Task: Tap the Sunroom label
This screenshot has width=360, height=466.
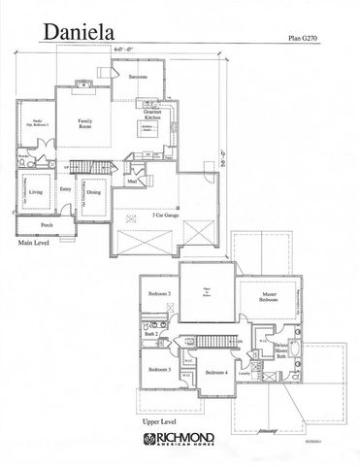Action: (137, 76)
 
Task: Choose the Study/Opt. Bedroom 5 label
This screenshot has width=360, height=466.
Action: (32, 124)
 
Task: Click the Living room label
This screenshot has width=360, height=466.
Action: (36, 193)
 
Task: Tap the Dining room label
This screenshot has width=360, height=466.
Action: (93, 193)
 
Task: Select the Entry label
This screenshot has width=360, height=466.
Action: (64, 190)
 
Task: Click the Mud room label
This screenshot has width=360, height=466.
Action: (131, 181)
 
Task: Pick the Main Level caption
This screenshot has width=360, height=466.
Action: (34, 245)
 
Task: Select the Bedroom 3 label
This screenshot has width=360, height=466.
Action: (160, 370)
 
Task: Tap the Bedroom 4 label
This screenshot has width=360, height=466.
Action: (216, 372)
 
